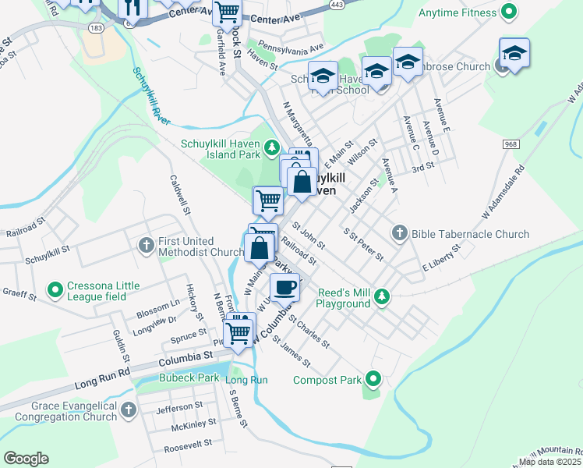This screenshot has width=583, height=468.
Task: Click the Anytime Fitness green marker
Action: [x=509, y=12]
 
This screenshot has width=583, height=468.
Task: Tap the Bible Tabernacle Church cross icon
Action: [x=400, y=232]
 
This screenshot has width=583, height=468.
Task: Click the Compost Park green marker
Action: [x=373, y=380]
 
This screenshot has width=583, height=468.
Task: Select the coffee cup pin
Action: [x=285, y=287]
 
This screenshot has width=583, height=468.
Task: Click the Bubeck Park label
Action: [x=168, y=378]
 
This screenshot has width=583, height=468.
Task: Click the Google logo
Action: [x=26, y=459]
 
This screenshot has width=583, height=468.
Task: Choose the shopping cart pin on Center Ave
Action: [x=227, y=12]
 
